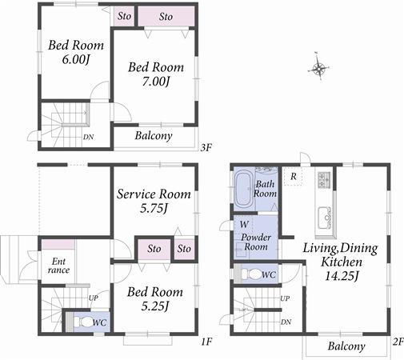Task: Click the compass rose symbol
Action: pyautogui.click(x=320, y=68)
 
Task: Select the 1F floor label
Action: pyautogui.click(x=206, y=342)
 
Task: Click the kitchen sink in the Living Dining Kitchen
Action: pyautogui.click(x=326, y=217)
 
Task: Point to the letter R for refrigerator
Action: pyautogui.click(x=294, y=176)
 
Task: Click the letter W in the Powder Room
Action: pyautogui.click(x=242, y=225)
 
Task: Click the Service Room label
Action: pyautogui.click(x=154, y=194)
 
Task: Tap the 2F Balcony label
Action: pyautogui.click(x=346, y=346)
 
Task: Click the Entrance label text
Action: pyautogui.click(x=59, y=266)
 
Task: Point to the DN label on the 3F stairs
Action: pyautogui.click(x=87, y=137)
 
